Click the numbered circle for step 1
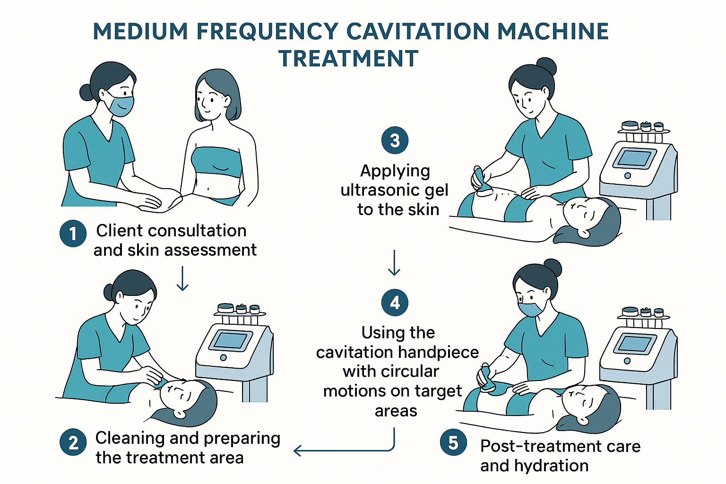[73, 233]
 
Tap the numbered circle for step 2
[73, 443]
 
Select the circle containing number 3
[395, 140]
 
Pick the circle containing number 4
[395, 302]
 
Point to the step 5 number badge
[453, 443]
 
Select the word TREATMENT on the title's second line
[348, 59]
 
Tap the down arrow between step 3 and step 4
[394, 263]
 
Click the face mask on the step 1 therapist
[121, 105]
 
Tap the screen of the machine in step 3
[634, 158]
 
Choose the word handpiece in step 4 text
[438, 352]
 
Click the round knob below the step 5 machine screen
[627, 361]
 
